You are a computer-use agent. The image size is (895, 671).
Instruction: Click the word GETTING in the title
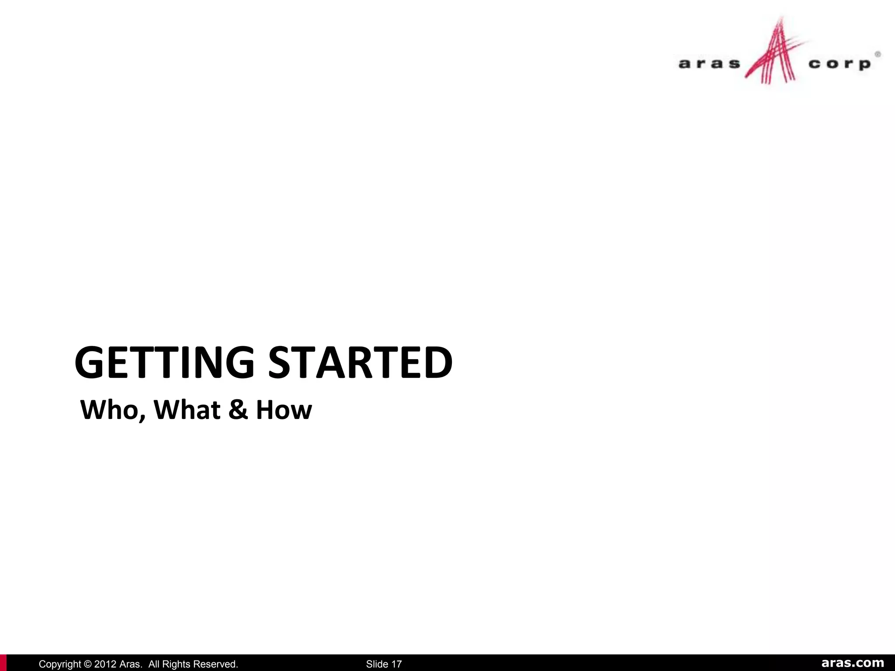pyautogui.click(x=164, y=362)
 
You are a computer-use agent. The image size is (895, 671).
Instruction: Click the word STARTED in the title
pyautogui.click(x=360, y=362)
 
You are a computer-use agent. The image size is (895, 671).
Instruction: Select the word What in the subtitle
pyautogui.click(x=187, y=410)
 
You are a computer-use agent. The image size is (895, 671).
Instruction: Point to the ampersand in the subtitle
pyautogui.click(x=238, y=410)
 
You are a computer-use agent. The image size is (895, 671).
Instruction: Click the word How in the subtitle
pyautogui.click(x=284, y=410)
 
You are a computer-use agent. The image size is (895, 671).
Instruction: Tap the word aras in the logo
pyautogui.click(x=709, y=64)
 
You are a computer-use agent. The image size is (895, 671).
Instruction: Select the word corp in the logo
pyautogui.click(x=839, y=64)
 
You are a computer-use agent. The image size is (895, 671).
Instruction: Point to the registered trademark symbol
pyautogui.click(x=878, y=55)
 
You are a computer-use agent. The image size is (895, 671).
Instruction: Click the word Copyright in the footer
pyautogui.click(x=60, y=664)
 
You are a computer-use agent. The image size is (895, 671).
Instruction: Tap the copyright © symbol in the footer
pyautogui.click(x=87, y=664)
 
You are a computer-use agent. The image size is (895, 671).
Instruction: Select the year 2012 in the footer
pyautogui.click(x=105, y=664)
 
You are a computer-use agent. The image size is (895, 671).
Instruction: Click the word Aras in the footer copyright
pyautogui.click(x=131, y=664)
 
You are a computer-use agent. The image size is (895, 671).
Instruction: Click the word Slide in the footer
pyautogui.click(x=377, y=664)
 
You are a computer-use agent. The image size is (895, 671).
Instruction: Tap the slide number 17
pyautogui.click(x=396, y=664)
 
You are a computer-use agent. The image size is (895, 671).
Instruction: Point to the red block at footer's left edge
pyautogui.click(x=3, y=663)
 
